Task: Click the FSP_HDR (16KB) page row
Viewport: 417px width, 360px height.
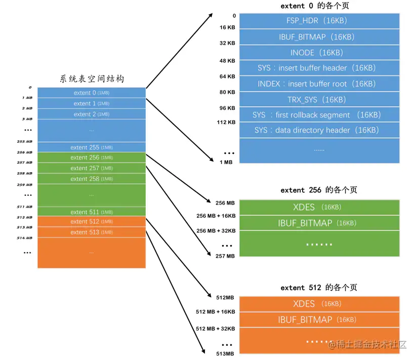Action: (319, 21)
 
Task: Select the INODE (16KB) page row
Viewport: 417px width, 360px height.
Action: (319, 53)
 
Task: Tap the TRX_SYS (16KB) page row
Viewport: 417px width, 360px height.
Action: (319, 99)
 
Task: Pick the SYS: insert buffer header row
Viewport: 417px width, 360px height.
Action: (319, 68)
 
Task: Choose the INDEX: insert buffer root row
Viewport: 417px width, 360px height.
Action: (319, 84)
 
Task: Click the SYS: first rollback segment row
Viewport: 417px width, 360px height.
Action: (319, 115)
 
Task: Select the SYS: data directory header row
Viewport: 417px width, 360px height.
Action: (319, 130)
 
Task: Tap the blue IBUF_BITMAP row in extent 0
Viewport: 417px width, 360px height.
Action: (319, 37)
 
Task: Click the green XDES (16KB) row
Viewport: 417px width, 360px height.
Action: (319, 207)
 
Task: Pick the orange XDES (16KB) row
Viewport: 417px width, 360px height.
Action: (319, 304)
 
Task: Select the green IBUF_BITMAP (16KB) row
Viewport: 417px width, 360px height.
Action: (319, 223)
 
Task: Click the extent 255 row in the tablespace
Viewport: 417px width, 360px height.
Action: (92, 147)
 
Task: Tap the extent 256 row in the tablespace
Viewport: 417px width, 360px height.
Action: (92, 157)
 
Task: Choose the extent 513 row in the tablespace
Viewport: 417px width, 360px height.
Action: (92, 232)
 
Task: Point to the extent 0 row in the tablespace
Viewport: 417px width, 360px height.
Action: (92, 93)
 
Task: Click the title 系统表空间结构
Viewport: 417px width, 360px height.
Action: (92, 79)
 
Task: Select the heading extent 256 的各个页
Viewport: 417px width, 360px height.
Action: (319, 190)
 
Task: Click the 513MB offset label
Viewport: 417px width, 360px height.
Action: (225, 353)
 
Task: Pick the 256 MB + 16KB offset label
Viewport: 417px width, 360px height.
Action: (216, 216)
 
